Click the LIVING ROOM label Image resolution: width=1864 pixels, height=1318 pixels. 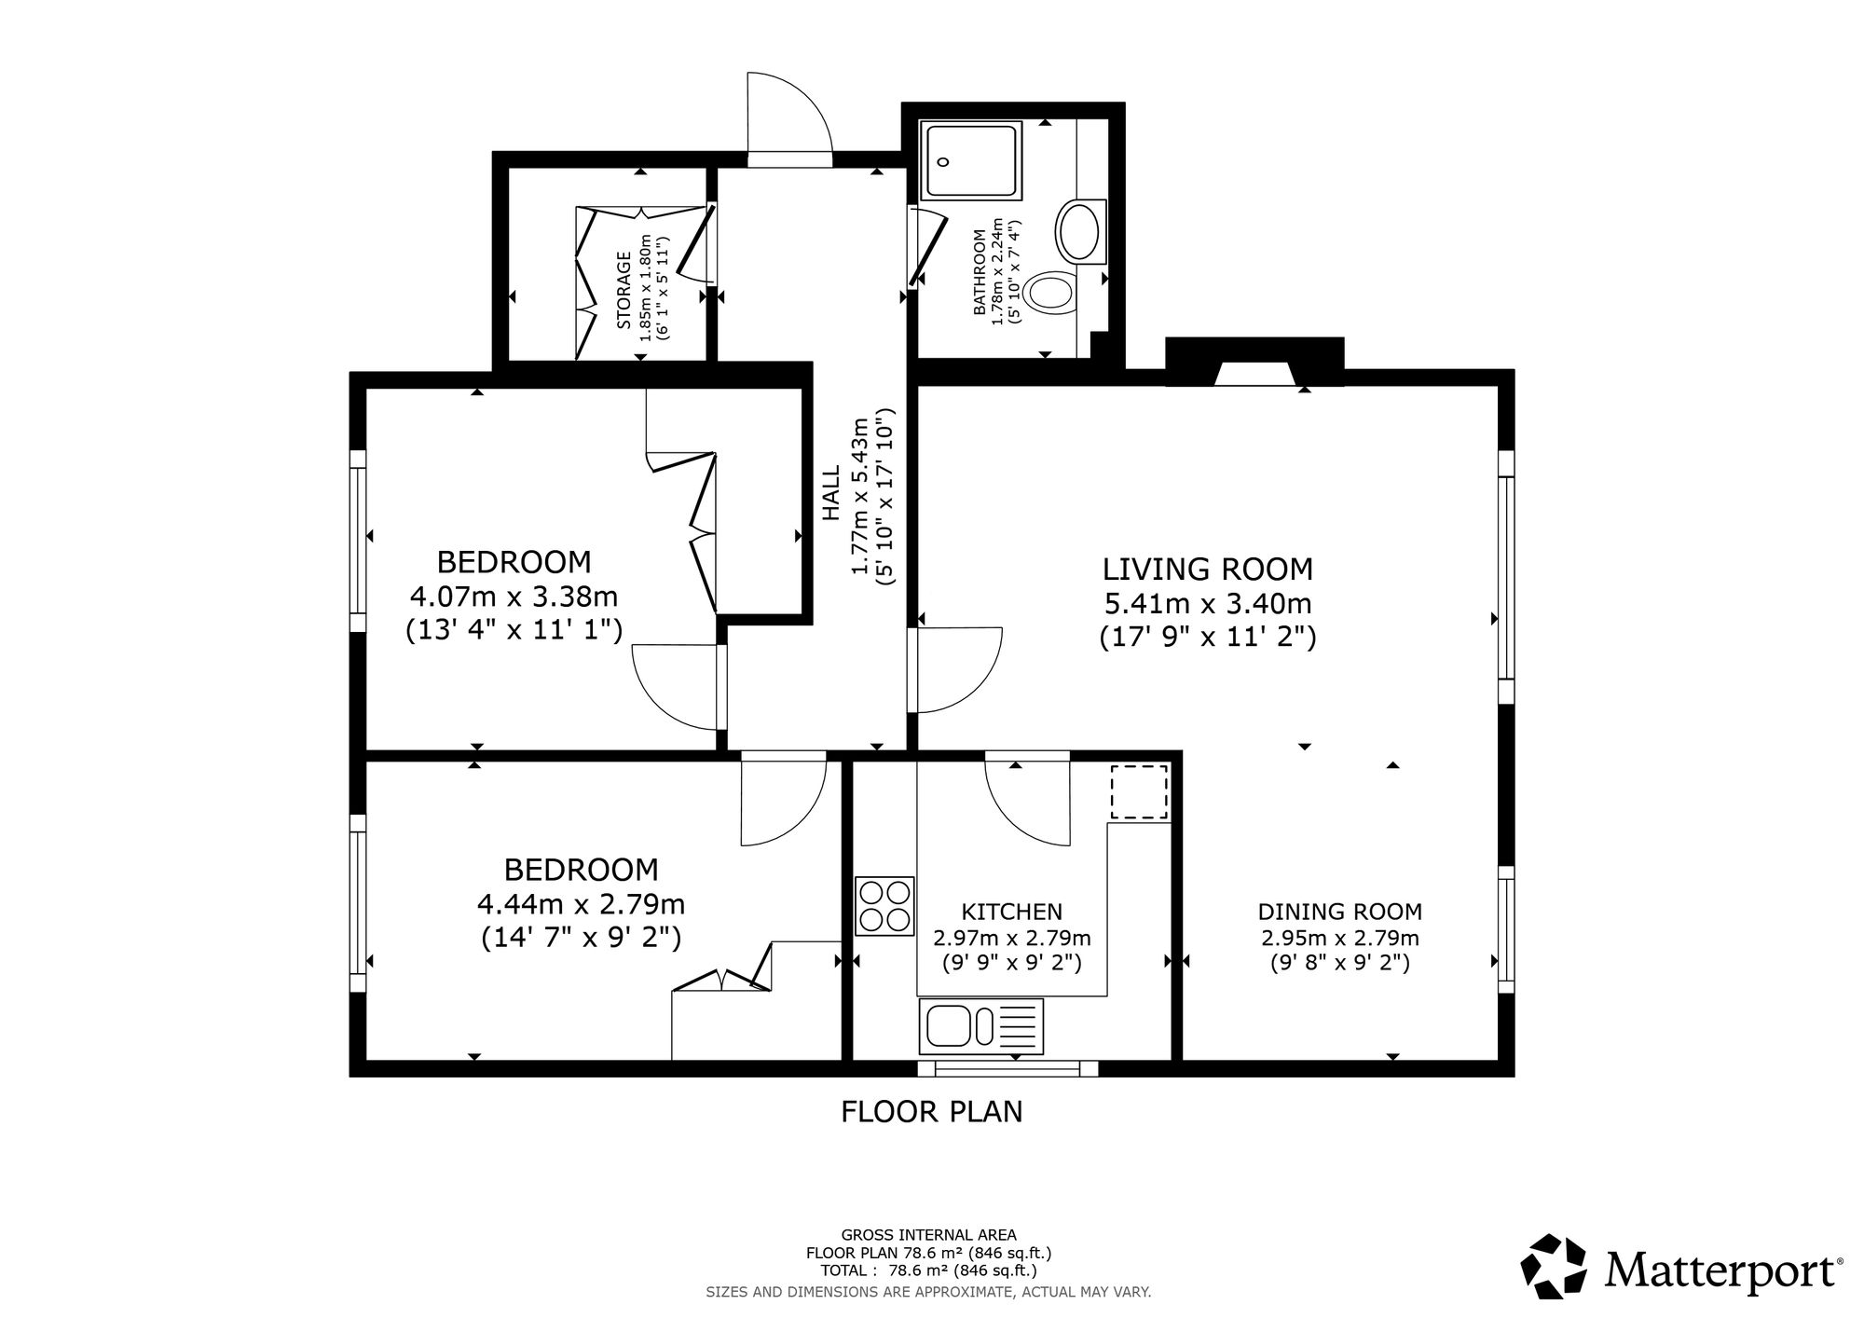point(1208,569)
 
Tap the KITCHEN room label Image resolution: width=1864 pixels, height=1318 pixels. point(1012,912)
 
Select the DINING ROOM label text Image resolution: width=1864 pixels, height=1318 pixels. point(1340,912)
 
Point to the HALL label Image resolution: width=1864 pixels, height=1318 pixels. point(830,494)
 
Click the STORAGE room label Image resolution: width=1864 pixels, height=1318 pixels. point(624,290)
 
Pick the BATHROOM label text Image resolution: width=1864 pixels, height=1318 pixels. point(980,272)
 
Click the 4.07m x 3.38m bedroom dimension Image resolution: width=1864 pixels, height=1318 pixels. point(514,596)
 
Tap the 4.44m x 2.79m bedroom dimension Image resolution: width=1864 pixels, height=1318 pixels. point(582,904)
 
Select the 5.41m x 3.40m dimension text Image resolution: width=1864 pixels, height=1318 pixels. point(1208,604)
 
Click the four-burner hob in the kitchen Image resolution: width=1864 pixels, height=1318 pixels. point(884,905)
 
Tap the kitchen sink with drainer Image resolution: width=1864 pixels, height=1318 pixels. point(981,1026)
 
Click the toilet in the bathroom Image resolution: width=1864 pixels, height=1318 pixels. point(1050,293)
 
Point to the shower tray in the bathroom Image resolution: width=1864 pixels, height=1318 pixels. point(971,159)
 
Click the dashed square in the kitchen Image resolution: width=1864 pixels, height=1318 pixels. point(1139,792)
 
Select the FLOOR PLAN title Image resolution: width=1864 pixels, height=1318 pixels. point(932,1112)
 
